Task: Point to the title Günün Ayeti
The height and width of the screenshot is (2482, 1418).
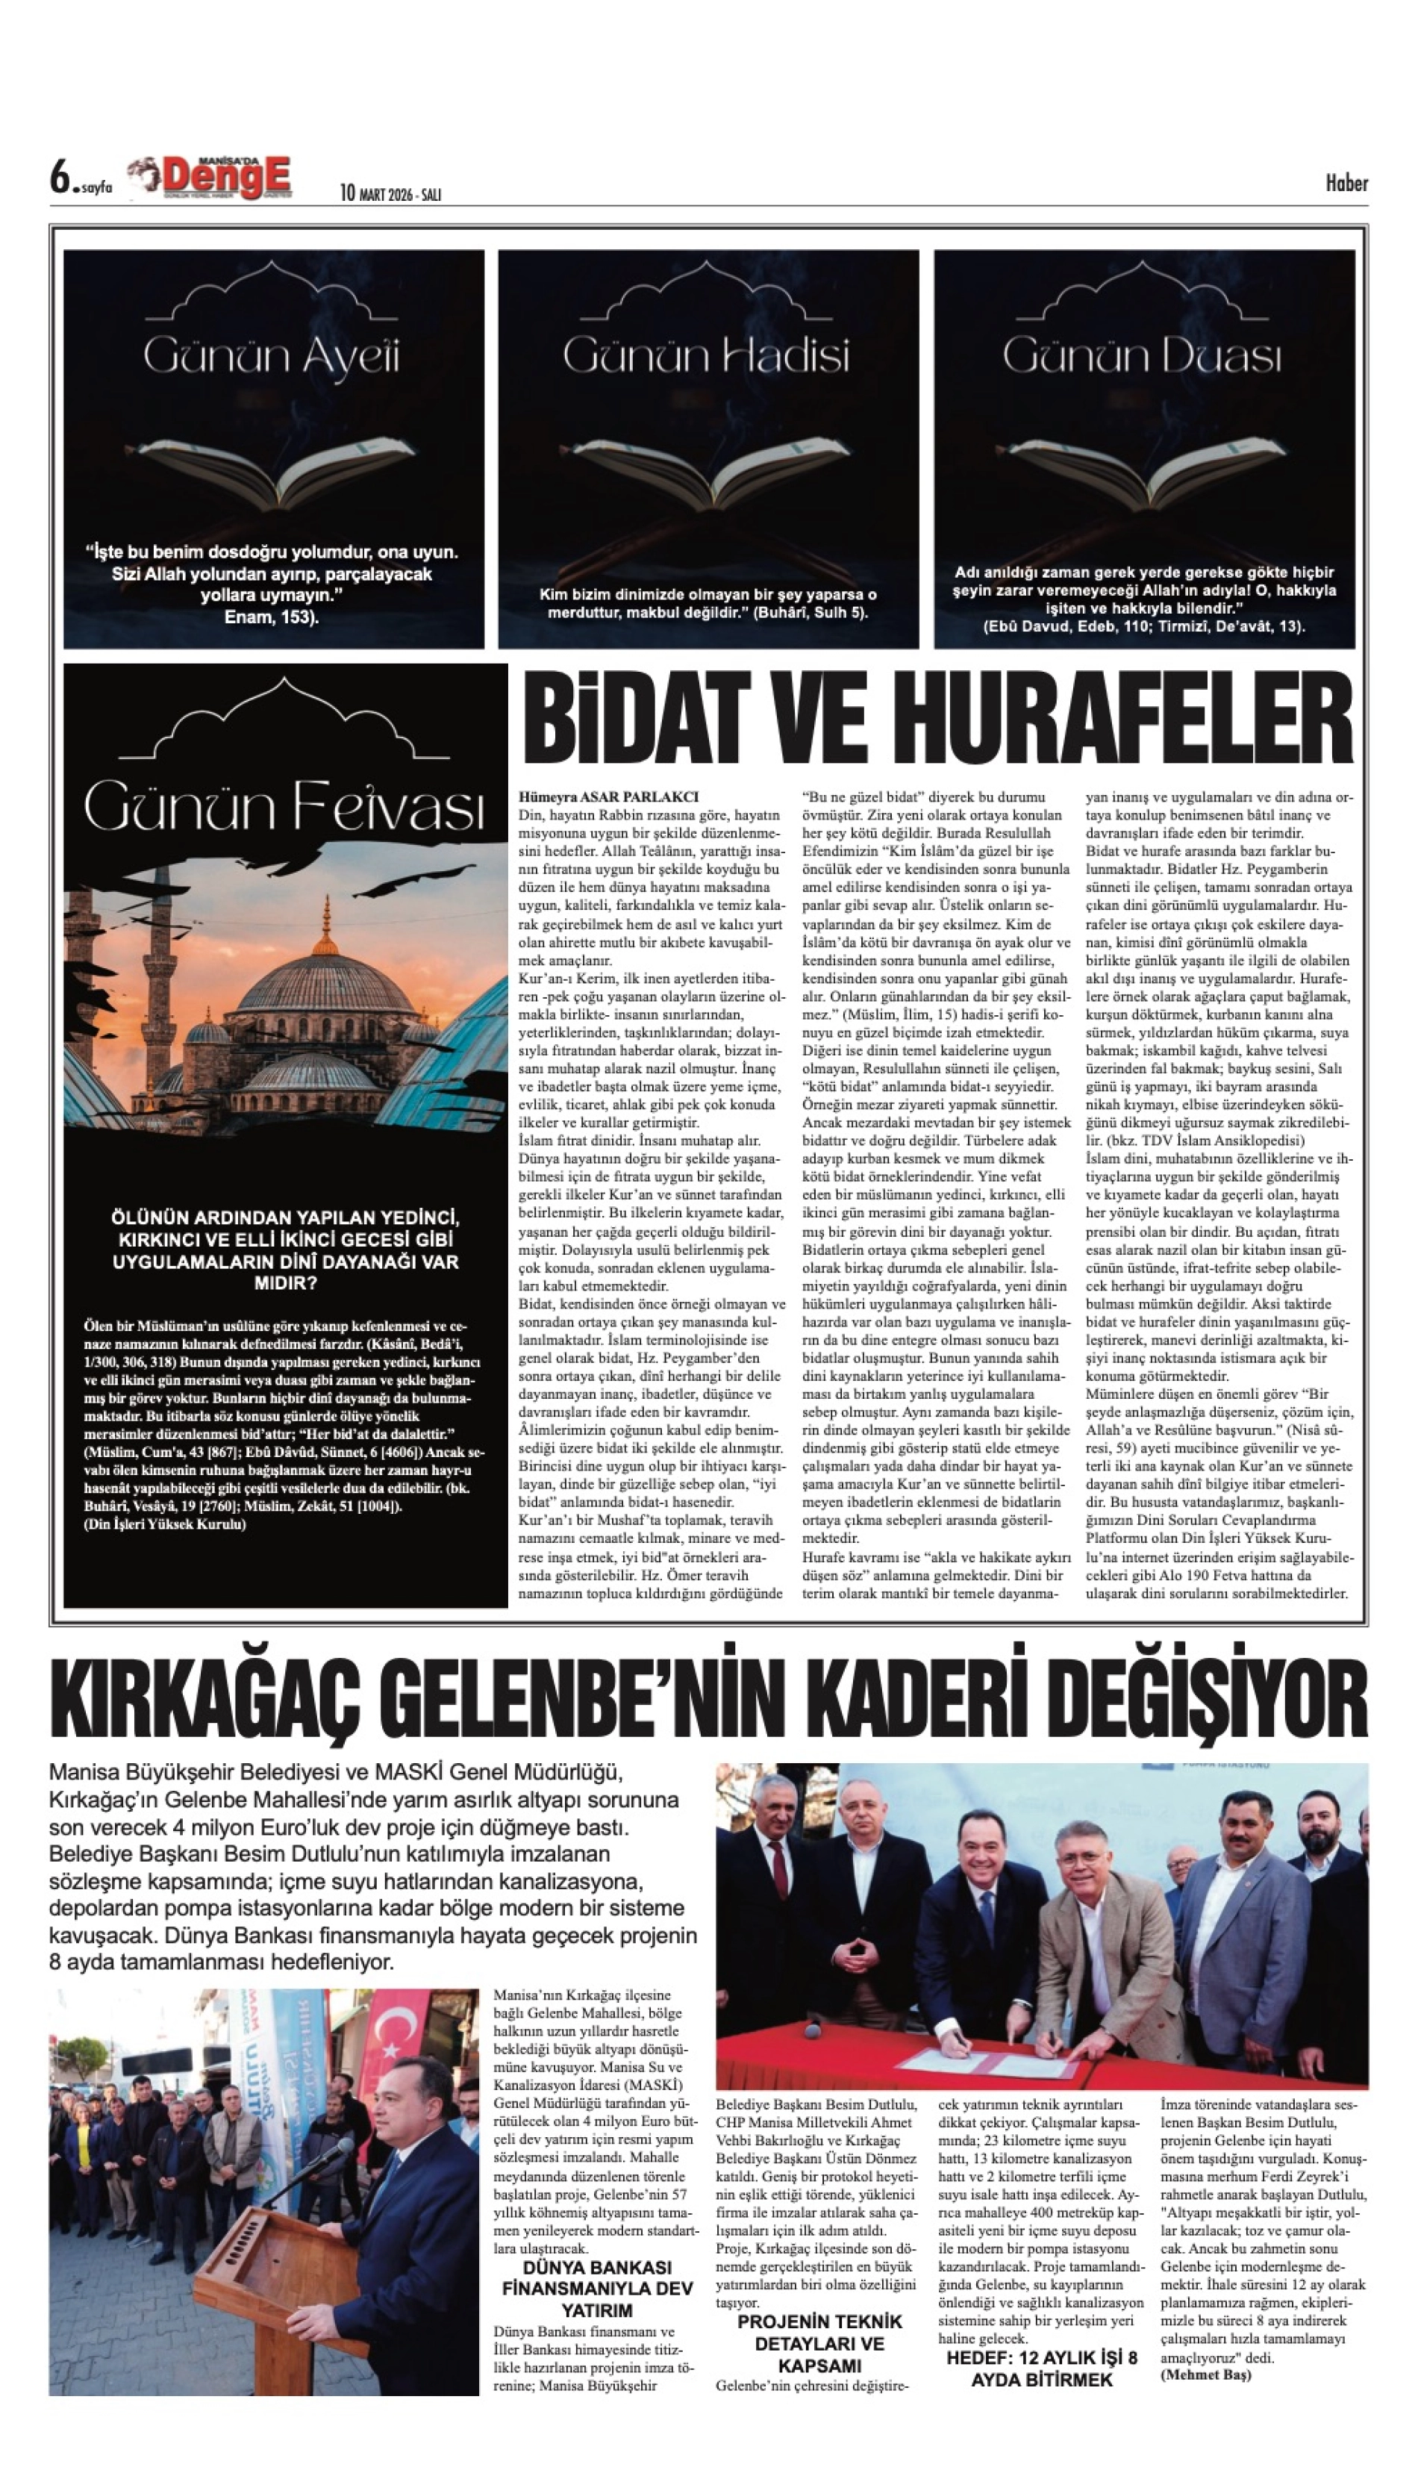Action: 272,357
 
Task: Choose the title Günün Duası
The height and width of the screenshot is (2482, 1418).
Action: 1143,357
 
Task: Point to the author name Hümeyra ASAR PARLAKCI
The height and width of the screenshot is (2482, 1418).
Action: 610,796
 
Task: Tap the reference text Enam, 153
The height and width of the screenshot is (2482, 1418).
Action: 272,617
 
